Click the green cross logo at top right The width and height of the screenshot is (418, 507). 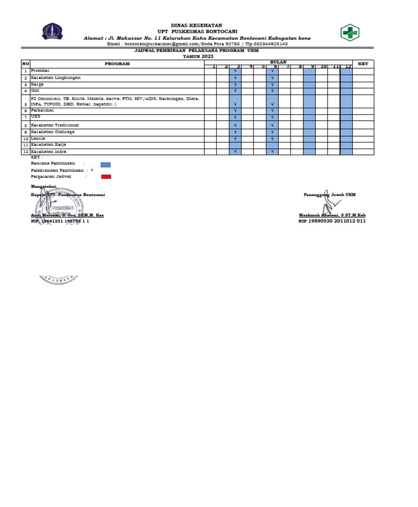(350, 33)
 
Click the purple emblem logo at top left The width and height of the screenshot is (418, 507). (52, 32)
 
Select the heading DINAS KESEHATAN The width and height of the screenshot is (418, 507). (189, 26)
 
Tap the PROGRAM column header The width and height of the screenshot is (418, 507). (117, 64)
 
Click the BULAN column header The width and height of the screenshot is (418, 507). (278, 62)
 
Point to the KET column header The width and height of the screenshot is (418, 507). (363, 64)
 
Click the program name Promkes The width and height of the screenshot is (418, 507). (40, 71)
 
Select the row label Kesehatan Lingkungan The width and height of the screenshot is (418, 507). (56, 78)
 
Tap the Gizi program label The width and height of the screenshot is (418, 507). (35, 90)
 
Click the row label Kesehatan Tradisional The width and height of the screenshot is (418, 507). (54, 125)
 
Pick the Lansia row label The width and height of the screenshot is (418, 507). (38, 138)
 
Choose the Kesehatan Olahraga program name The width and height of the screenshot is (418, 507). (53, 132)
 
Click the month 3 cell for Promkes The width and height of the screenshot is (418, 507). (235, 71)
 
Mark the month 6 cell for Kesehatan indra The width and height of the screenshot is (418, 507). (272, 152)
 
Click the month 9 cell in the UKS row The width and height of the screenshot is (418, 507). (309, 118)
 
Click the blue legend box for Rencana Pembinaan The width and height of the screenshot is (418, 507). (106, 164)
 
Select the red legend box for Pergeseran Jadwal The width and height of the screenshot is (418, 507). (106, 177)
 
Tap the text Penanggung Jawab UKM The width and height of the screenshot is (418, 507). (329, 194)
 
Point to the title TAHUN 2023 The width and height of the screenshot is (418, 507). (198, 56)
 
